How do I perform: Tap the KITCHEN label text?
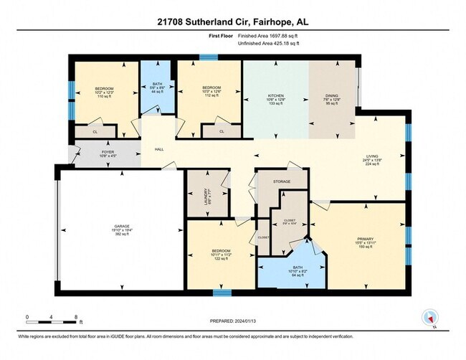275,95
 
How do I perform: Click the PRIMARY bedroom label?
366,238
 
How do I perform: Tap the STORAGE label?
282,181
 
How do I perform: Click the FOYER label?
86,151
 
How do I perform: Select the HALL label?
158,149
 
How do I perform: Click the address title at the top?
232,22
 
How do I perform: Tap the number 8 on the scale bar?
76,316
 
